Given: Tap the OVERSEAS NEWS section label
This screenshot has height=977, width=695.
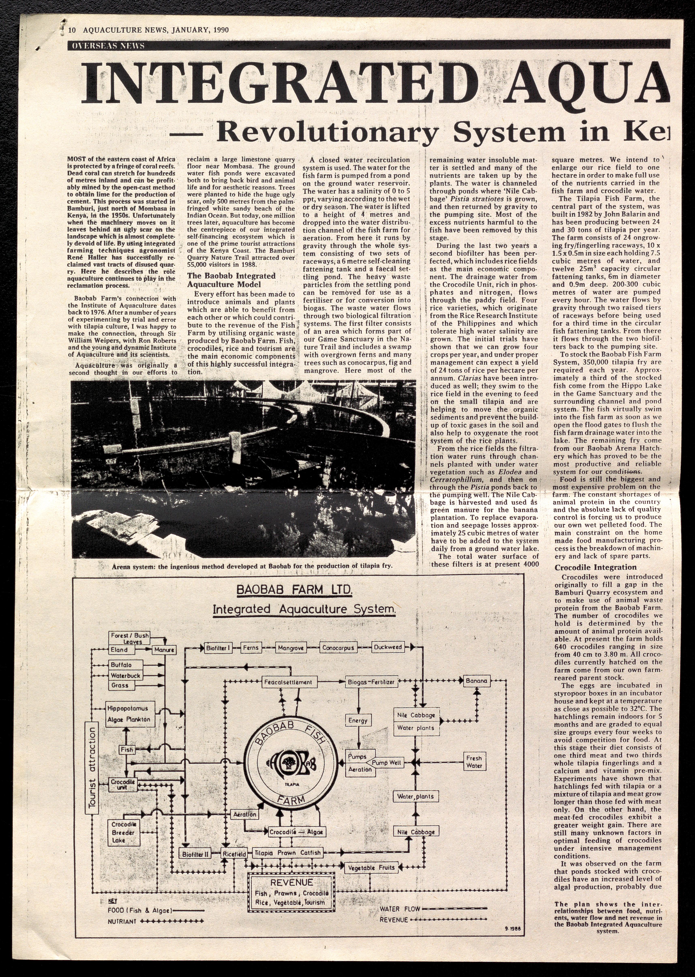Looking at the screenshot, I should (x=106, y=46).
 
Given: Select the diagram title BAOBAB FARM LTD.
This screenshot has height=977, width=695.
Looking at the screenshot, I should (x=294, y=590).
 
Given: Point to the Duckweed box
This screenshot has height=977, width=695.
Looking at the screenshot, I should (x=388, y=647).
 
